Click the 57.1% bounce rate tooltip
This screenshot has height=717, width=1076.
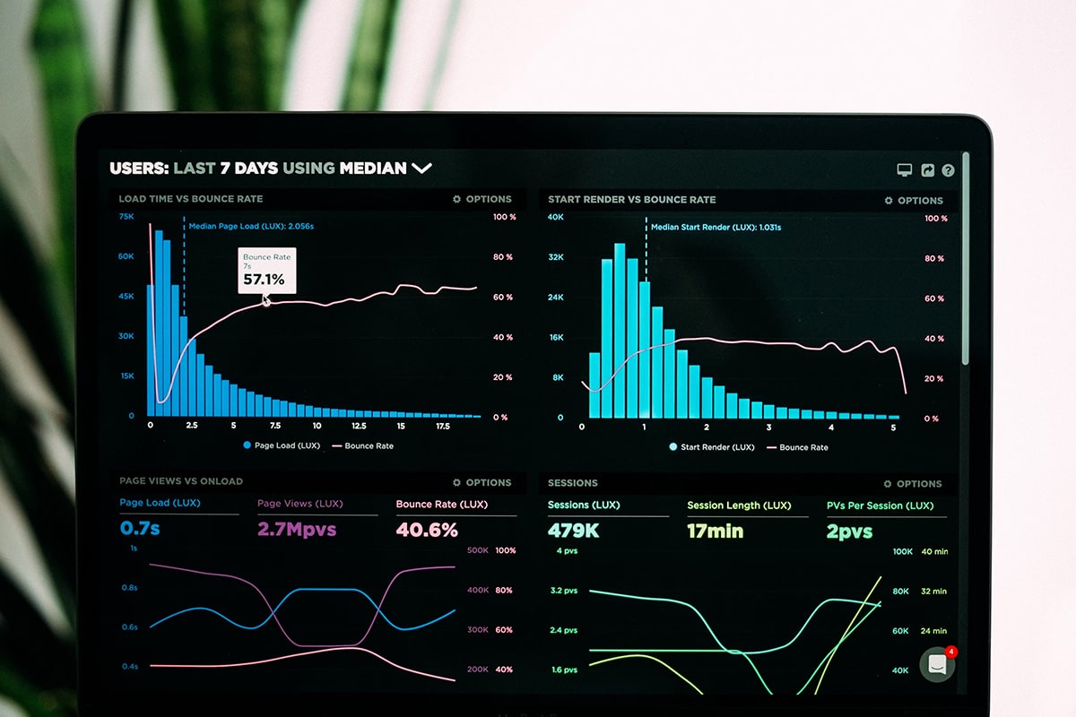pos(266,270)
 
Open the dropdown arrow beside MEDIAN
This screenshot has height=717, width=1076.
pos(421,168)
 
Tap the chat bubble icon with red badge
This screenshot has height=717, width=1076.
pos(937,664)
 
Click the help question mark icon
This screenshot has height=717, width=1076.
pos(948,170)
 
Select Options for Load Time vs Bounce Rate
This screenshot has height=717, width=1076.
pos(482,199)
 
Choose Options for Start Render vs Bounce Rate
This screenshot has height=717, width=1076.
pos(914,201)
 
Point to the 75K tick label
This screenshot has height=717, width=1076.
pos(126,217)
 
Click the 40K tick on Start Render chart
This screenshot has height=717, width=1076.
pos(555,217)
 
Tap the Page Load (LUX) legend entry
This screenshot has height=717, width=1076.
pos(281,445)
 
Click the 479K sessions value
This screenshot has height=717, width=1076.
pos(573,531)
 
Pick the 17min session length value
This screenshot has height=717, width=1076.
pos(715,531)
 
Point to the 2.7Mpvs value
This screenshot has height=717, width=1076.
pos(297,529)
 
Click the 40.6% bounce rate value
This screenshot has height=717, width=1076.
pos(427,530)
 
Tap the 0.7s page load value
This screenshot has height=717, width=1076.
pos(140,529)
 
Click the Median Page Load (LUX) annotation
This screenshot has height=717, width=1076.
pos(251,227)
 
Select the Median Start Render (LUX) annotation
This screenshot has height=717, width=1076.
pos(716,228)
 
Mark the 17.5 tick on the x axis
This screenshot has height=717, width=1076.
pos(443,427)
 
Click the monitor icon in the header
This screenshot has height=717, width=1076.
pos(905,170)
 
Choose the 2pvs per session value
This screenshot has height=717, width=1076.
pos(849,531)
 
